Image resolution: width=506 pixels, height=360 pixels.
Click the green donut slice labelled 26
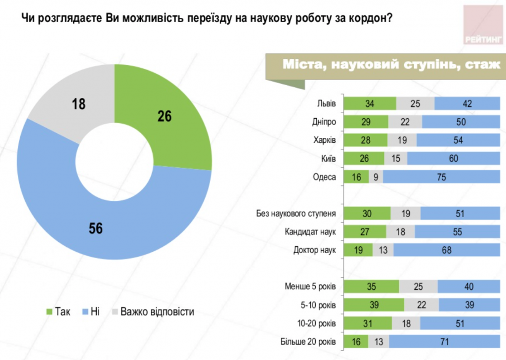pos(168,119)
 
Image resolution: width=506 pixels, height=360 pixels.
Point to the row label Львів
pos(326,104)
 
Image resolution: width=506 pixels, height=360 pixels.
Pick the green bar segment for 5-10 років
pos(374,305)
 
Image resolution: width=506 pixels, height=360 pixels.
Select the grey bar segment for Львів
pos(415,104)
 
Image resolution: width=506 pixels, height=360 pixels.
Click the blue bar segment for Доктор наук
pos(447,250)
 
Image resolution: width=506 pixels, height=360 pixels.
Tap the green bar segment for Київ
pos(364,159)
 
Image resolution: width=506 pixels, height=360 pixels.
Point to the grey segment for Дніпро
pos(405,122)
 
